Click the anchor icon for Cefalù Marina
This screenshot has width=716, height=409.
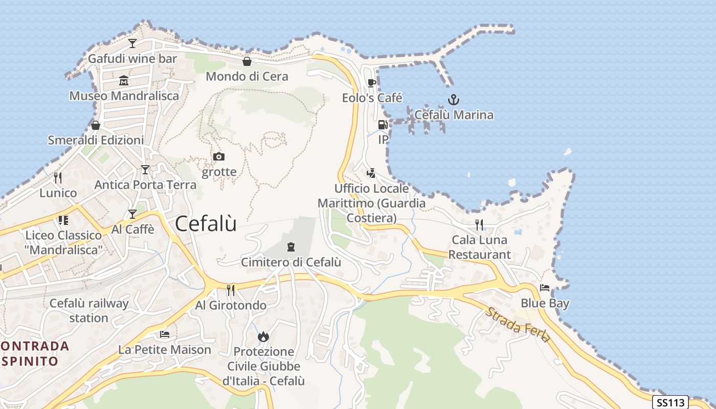[453, 99]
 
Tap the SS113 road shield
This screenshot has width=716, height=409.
[670, 402]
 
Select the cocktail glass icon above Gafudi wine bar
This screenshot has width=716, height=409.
[132, 43]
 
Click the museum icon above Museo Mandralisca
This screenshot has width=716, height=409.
[124, 81]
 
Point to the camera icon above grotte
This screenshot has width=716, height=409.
[219, 156]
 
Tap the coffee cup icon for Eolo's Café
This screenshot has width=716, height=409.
[372, 83]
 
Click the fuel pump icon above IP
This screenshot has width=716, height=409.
[383, 125]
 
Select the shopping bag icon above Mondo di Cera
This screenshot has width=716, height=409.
[247, 62]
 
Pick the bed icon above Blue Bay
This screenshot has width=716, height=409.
[545, 288]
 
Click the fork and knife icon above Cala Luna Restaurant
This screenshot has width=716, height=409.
[479, 224]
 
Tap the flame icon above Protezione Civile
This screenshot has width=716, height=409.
[263, 336]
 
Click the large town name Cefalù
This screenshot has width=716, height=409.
[206, 224]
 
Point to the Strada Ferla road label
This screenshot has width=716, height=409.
[518, 325]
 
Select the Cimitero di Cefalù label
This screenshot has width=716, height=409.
[291, 262]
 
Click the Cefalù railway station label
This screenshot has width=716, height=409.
[89, 310]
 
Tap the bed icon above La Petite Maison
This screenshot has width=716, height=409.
[165, 335]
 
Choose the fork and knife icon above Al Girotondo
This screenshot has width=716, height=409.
[231, 290]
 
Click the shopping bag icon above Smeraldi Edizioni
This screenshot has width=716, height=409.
[96, 125]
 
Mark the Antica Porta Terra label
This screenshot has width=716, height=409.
[145, 185]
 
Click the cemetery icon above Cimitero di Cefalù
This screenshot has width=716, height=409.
[291, 247]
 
